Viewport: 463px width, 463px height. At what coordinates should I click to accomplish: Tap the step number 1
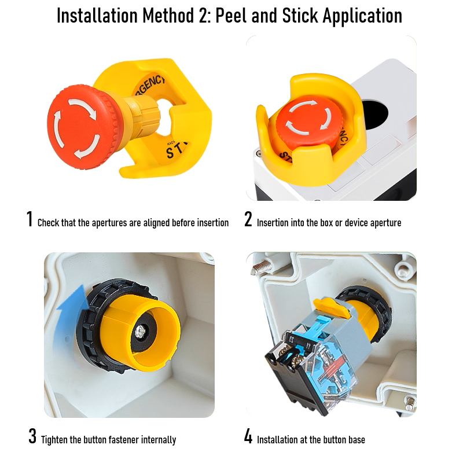click(30, 219)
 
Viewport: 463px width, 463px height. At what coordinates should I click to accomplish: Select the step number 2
click(248, 219)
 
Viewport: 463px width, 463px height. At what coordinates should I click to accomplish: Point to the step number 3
click(32, 436)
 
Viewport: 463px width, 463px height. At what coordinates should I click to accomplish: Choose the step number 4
click(248, 436)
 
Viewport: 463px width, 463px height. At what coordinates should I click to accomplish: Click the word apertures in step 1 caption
click(110, 223)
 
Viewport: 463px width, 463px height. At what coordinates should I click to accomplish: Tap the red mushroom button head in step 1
click(80, 127)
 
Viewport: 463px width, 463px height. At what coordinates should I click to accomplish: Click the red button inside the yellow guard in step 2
click(308, 121)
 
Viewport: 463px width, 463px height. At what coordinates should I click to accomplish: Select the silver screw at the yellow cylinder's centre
click(140, 331)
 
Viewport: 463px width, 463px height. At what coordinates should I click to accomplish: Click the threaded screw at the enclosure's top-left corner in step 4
click(262, 267)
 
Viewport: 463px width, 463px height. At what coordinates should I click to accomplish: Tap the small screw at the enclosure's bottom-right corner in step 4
click(410, 403)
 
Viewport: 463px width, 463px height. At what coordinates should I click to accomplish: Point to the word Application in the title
click(363, 16)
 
